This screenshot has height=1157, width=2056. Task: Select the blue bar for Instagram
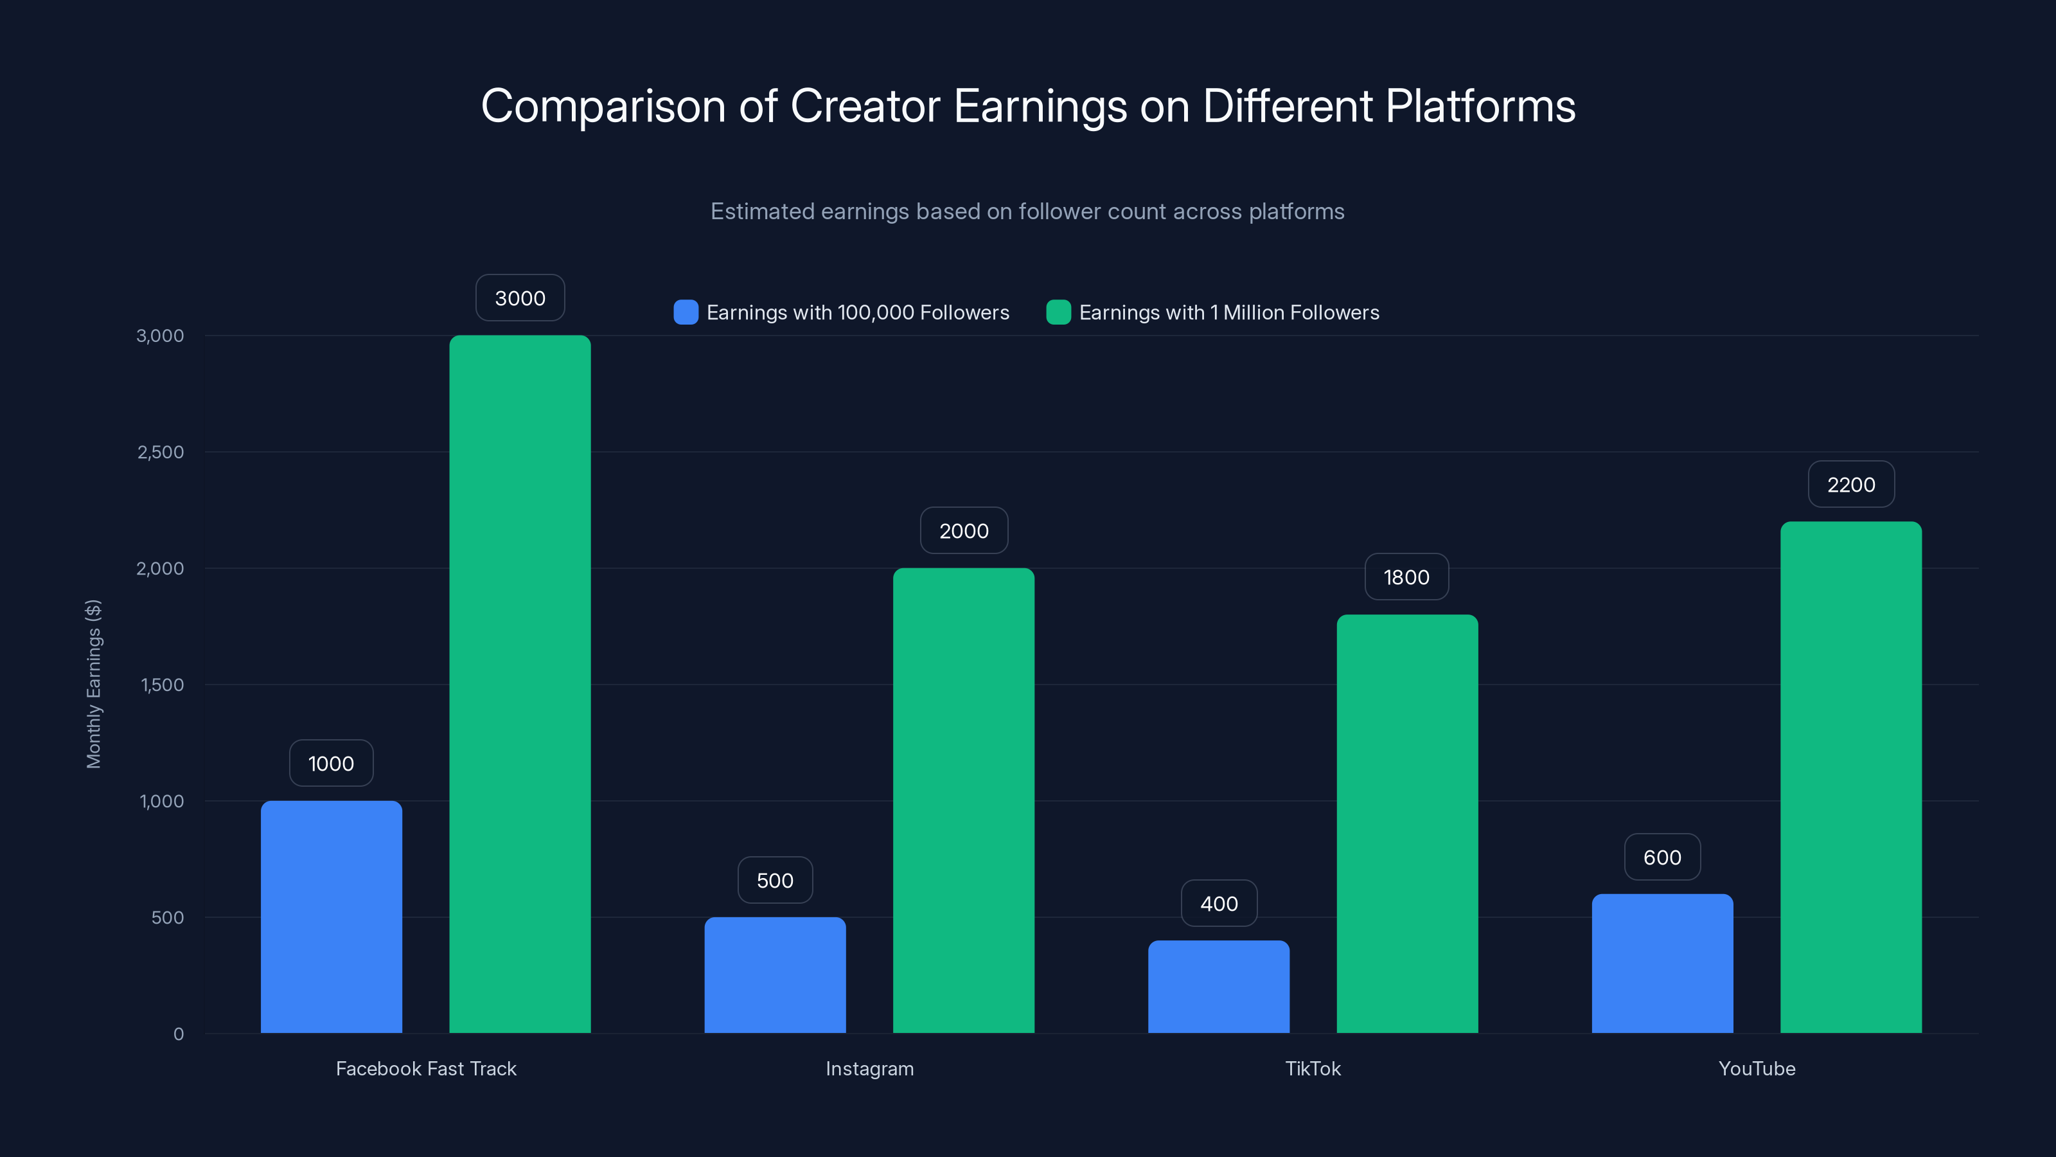pyautogui.click(x=774, y=975)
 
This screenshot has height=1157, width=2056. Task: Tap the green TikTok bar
pyautogui.click(x=1406, y=823)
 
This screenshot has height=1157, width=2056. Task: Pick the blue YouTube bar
pyautogui.click(x=1662, y=963)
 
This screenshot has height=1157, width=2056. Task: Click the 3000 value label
pyautogui.click(x=520, y=298)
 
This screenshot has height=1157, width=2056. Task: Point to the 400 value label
pyautogui.click(x=1219, y=903)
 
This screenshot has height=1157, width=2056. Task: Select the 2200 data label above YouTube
pyautogui.click(x=1850, y=484)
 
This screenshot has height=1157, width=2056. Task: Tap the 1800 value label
pyautogui.click(x=1406, y=577)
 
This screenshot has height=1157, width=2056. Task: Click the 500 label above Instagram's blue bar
pyautogui.click(x=774, y=880)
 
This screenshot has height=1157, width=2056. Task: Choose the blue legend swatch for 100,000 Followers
pyautogui.click(x=686, y=312)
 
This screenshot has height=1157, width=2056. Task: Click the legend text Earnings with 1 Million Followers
pyautogui.click(x=1228, y=312)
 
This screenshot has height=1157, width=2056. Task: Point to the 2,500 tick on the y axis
pyautogui.click(x=161, y=452)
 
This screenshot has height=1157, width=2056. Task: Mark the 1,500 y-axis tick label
pyautogui.click(x=162, y=685)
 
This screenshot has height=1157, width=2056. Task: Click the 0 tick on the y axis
pyautogui.click(x=179, y=1034)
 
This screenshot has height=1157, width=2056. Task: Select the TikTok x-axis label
pyautogui.click(x=1312, y=1068)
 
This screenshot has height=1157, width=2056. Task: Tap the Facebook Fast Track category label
pyautogui.click(x=425, y=1068)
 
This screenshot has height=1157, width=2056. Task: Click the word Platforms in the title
pyautogui.click(x=1480, y=105)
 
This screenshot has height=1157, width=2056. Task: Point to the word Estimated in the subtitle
pyautogui.click(x=762, y=211)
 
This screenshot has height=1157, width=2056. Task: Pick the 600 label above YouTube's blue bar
pyautogui.click(x=1662, y=857)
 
